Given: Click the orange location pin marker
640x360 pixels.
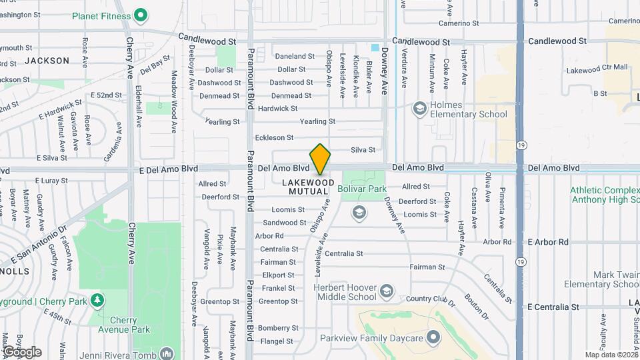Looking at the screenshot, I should click(320, 159).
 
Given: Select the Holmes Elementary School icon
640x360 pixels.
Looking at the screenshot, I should click(419, 107).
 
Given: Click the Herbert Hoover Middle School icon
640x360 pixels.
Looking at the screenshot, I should click(386, 291).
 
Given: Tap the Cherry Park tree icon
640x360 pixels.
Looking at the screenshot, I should click(97, 301).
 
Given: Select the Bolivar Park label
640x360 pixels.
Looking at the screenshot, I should click(362, 189).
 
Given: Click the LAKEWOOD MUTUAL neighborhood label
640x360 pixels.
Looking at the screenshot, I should click(309, 186).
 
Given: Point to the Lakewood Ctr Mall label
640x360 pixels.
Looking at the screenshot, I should click(597, 68).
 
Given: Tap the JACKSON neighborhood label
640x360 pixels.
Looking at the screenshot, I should click(47, 61).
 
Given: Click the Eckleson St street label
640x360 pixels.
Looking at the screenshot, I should click(274, 137).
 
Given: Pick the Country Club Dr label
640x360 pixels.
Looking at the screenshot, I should click(430, 299).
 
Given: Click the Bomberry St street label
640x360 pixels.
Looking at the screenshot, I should click(278, 328).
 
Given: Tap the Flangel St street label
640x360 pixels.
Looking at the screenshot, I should click(276, 341).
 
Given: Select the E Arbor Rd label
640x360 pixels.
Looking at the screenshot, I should click(547, 242).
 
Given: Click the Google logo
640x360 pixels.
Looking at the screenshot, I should click(22, 351).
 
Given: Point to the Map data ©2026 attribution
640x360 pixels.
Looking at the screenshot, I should click(611, 355).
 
